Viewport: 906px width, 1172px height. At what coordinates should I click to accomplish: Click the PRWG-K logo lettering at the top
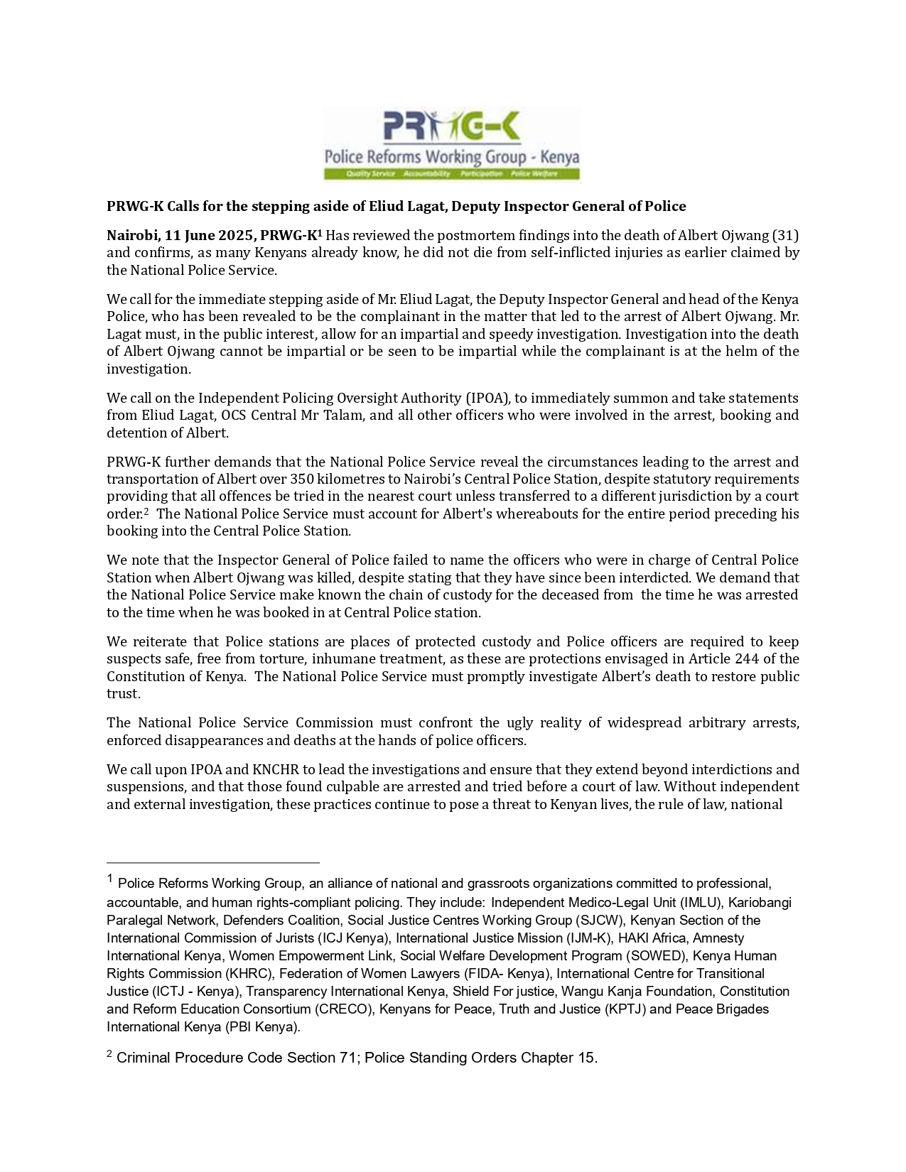452,128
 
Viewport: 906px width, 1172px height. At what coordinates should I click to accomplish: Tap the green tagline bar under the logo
452,174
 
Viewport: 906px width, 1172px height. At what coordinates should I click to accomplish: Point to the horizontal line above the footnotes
213,862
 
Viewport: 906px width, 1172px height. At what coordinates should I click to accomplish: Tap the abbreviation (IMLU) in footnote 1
701,903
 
